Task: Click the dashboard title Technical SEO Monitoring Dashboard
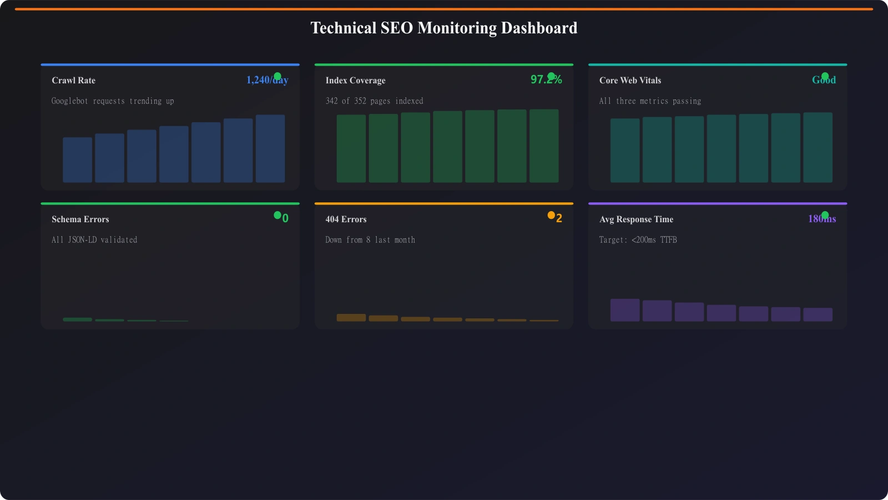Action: click(443, 28)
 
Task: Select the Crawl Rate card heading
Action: click(73, 81)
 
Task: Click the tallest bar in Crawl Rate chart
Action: click(270, 148)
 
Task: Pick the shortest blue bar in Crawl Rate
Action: click(77, 160)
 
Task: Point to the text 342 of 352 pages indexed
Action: click(374, 101)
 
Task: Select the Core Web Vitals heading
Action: click(630, 81)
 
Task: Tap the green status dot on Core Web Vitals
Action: click(825, 76)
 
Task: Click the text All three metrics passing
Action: click(650, 101)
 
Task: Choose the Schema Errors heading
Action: click(80, 219)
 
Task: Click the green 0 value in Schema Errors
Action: click(285, 219)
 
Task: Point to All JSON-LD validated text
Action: click(94, 240)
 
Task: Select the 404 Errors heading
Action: click(346, 219)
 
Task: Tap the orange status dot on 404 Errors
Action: click(551, 215)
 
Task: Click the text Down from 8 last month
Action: click(370, 240)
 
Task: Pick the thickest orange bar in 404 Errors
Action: click(351, 318)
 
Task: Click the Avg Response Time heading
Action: click(636, 219)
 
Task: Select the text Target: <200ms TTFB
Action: click(638, 240)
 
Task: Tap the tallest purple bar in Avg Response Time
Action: click(625, 310)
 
